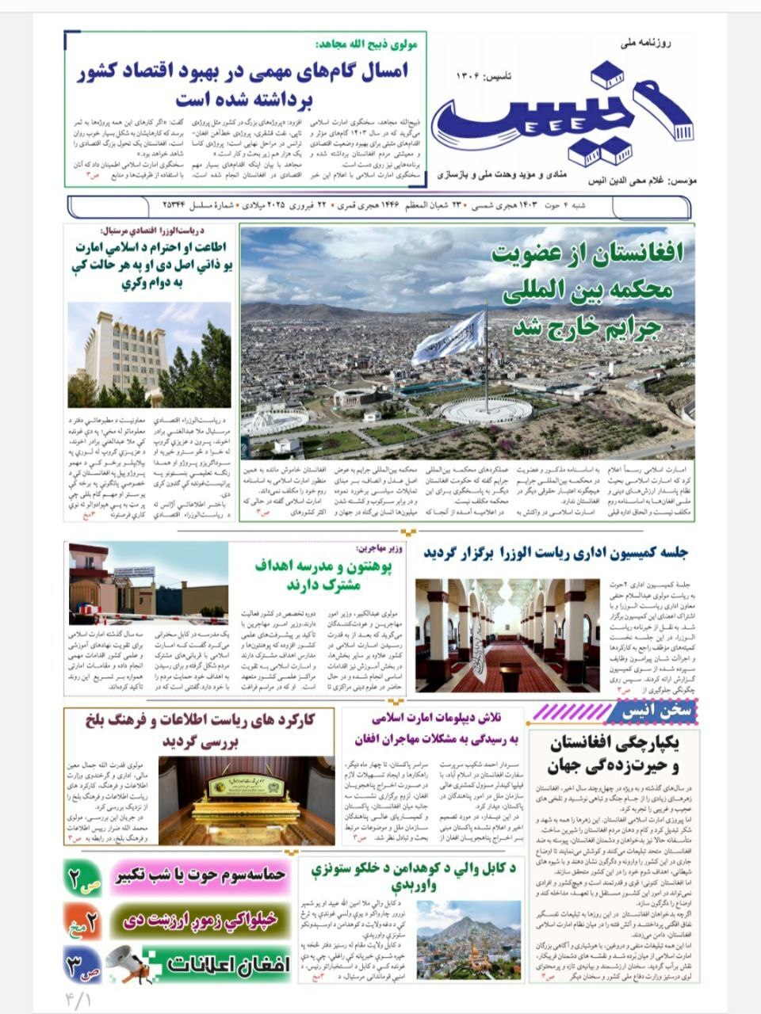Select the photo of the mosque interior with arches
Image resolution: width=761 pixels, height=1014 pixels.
(x=507, y=635)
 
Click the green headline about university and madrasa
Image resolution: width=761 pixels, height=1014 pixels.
(x=319, y=576)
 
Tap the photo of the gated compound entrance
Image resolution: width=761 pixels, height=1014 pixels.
(x=147, y=579)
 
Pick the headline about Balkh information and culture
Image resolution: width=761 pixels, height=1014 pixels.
(x=199, y=730)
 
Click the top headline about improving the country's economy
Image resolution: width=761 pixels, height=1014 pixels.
(x=244, y=85)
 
